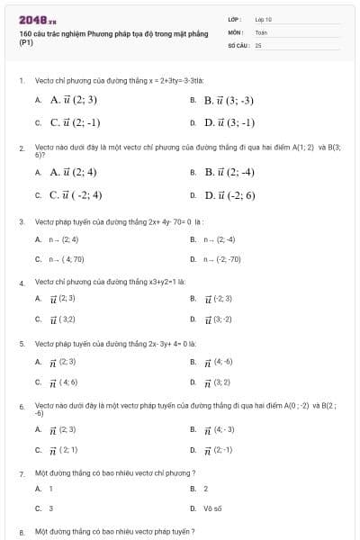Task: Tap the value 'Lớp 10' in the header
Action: [x=263, y=19]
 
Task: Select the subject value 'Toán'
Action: [x=261, y=31]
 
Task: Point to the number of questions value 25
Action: [x=258, y=43]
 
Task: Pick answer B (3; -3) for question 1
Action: [x=229, y=100]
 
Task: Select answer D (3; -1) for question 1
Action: [x=229, y=122]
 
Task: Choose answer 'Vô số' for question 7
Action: [x=212, y=508]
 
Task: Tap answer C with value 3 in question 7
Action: [x=50, y=508]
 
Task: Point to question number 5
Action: [x=21, y=344]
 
